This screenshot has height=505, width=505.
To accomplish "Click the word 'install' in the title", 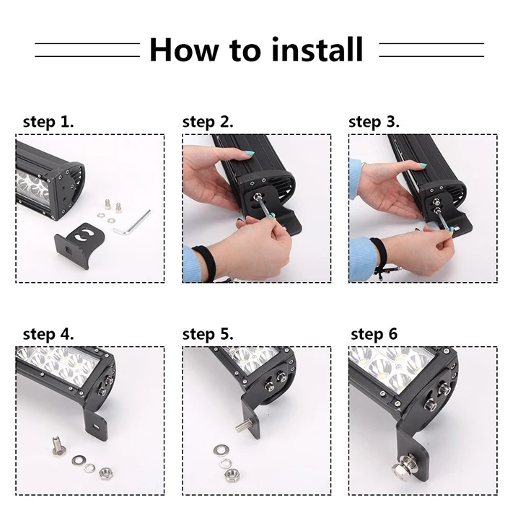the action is (317, 49).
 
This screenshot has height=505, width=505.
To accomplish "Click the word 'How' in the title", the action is (183, 49).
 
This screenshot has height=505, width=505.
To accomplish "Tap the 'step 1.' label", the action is (48, 122).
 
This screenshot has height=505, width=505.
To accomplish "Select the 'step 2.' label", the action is (208, 122).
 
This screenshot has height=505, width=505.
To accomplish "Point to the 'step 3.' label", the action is (374, 122).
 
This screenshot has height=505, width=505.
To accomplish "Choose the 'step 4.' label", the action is (48, 334).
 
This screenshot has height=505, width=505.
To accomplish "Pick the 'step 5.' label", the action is (208, 334).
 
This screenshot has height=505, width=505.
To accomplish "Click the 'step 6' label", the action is (374, 334).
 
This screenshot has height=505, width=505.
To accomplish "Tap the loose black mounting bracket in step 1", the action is (74, 244).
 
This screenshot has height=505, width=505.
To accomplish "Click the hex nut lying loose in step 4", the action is (105, 473).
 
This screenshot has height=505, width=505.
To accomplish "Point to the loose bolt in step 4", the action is (58, 446).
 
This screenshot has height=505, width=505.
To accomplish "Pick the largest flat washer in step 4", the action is (78, 460).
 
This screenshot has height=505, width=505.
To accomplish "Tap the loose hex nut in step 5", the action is (230, 474).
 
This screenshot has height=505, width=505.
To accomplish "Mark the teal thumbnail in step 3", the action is (423, 165).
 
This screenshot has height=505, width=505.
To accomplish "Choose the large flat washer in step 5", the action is (221, 449).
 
